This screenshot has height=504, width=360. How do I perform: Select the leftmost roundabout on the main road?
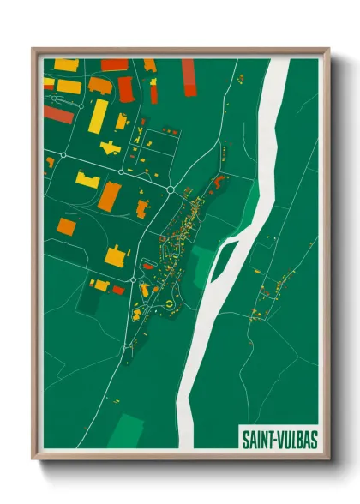tap(62, 155)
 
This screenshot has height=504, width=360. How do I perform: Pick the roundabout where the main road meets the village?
tap(171, 189)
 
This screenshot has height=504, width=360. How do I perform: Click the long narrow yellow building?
tap(99, 117)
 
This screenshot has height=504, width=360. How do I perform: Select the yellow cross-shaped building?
tap(110, 147)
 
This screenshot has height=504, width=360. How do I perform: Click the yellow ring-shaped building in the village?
tap(170, 303)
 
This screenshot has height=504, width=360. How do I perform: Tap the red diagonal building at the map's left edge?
tap(58, 114)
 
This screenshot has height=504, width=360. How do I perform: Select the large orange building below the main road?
tap(108, 197)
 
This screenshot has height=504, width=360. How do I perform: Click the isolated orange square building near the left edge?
tap(67, 226)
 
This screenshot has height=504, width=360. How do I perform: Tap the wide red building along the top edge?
tap(114, 65)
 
